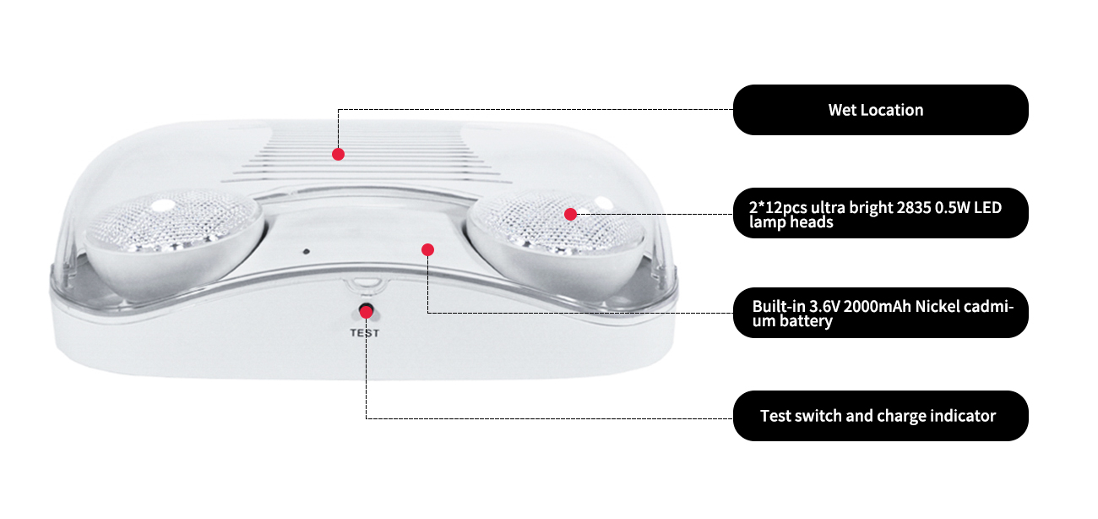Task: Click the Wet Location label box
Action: click(x=880, y=110)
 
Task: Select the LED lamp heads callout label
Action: click(x=880, y=213)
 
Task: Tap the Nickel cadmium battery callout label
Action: click(x=880, y=313)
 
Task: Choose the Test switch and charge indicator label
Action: click(x=880, y=416)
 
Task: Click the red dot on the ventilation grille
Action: click(x=338, y=154)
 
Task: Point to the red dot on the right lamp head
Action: click(x=570, y=214)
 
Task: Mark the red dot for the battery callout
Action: click(x=427, y=249)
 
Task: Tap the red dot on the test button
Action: click(x=367, y=312)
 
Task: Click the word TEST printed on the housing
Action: click(x=365, y=333)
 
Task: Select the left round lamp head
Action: click(x=174, y=240)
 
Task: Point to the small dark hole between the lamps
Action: click(x=307, y=252)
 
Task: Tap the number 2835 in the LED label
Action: click(x=914, y=208)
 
